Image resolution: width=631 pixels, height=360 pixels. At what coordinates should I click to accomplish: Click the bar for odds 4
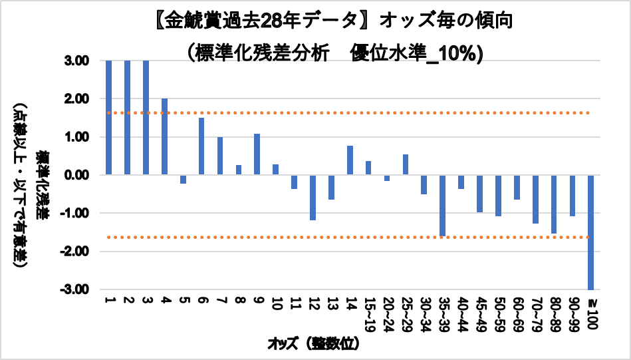point(164,136)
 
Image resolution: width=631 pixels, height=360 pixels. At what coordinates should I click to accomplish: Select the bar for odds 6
point(201,146)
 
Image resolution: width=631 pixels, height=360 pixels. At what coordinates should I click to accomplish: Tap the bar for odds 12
point(313,197)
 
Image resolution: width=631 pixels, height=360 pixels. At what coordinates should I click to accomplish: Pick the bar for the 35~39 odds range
point(442,206)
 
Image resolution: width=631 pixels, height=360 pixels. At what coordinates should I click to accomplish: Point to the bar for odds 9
point(257,154)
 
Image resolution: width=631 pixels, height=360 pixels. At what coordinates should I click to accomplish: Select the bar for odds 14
point(350,160)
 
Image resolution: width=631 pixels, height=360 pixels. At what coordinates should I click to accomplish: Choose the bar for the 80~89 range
point(553,204)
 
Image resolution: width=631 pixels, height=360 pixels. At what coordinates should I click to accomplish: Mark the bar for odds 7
point(220,156)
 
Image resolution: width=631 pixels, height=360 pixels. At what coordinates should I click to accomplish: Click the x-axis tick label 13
point(331,305)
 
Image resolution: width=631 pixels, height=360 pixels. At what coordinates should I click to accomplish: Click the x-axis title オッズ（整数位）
point(313,344)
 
